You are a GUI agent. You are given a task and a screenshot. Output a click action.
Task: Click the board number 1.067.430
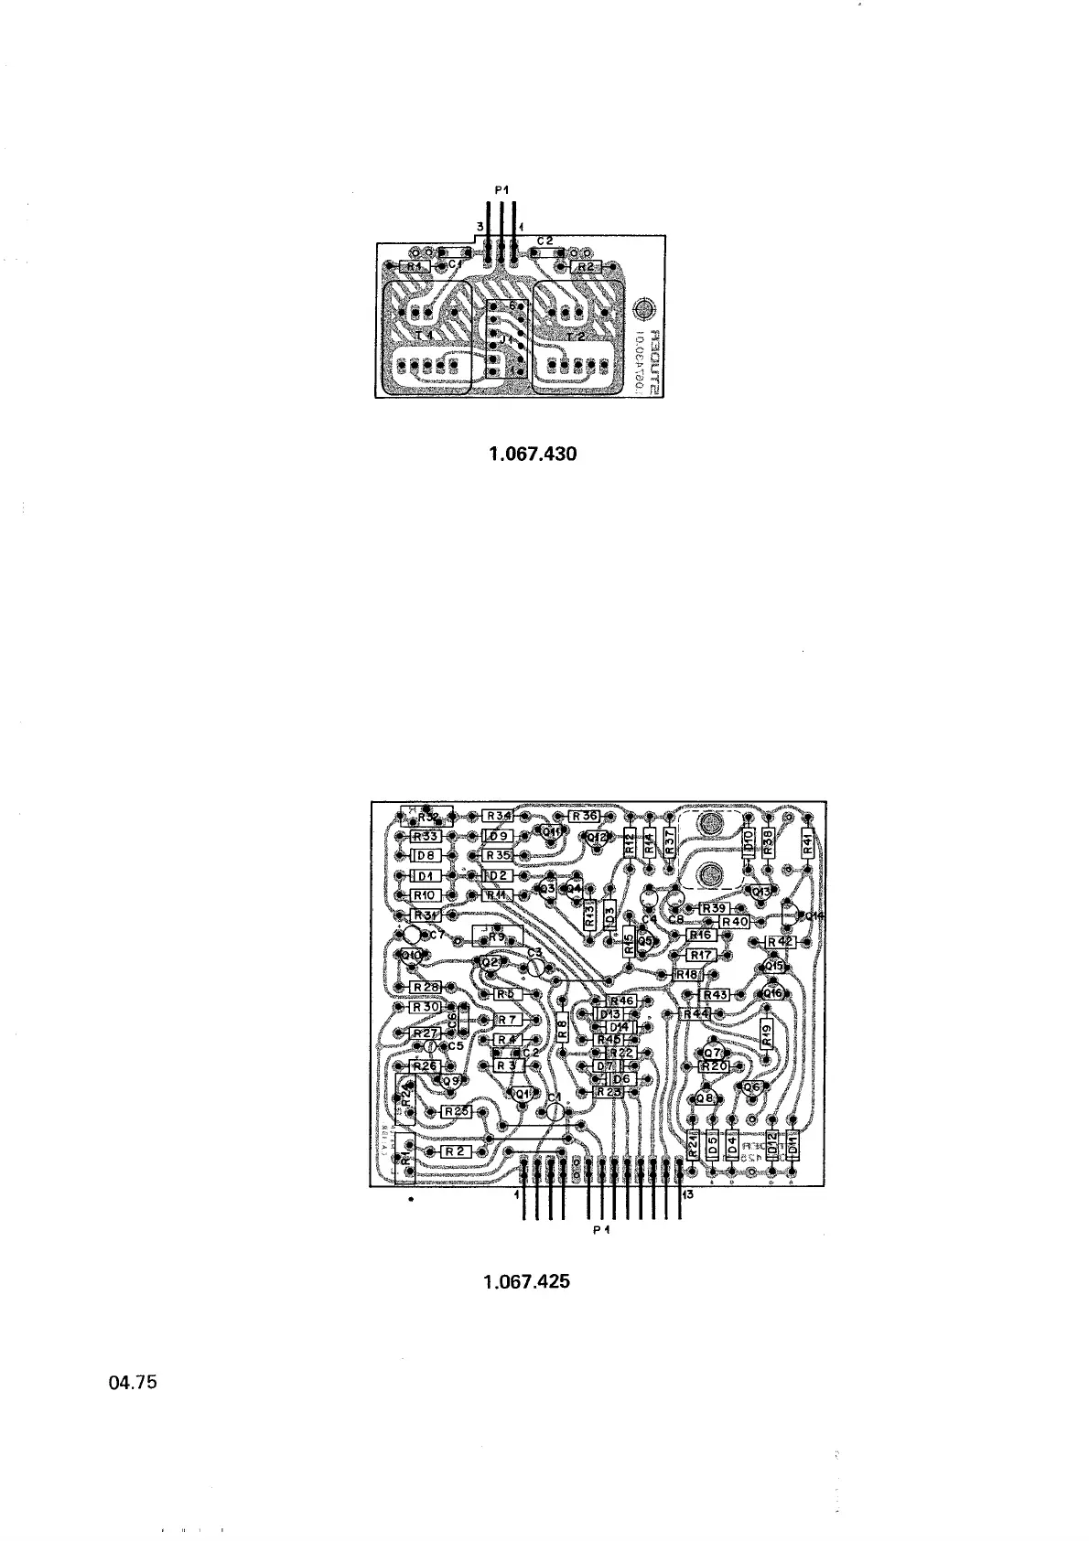pyautogui.click(x=534, y=454)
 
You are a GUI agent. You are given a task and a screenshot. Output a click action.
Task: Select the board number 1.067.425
pyautogui.click(x=526, y=1281)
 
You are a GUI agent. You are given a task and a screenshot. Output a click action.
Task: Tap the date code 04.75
pyautogui.click(x=134, y=1383)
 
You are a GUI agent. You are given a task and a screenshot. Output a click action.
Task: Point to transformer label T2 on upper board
pyautogui.click(x=576, y=337)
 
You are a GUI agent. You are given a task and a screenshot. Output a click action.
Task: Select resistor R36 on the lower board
pyautogui.click(x=584, y=816)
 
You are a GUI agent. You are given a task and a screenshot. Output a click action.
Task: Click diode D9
pyautogui.click(x=498, y=836)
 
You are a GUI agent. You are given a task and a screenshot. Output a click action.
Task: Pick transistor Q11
pyautogui.click(x=552, y=832)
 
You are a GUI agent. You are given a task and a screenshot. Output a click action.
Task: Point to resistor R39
pyautogui.click(x=713, y=908)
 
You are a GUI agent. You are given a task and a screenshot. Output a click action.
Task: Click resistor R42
pyautogui.click(x=780, y=941)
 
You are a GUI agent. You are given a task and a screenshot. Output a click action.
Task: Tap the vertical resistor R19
pyautogui.click(x=767, y=1034)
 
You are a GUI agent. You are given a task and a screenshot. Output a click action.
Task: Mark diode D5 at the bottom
pyautogui.click(x=713, y=1144)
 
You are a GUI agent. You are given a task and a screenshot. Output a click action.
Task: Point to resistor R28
pyautogui.click(x=426, y=987)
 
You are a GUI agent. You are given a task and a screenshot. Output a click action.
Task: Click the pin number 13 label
pyautogui.click(x=687, y=1194)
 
